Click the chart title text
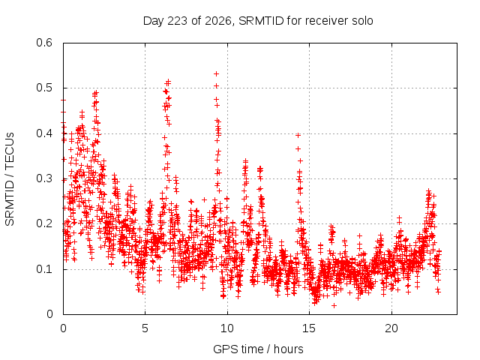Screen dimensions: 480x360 [258, 21]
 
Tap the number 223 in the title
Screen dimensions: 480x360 [178, 21]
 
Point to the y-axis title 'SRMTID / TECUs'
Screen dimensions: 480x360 [10, 179]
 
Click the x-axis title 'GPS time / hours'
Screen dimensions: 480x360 [258, 349]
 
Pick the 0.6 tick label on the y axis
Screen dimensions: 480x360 [44, 43]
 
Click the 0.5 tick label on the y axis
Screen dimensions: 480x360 [44, 88]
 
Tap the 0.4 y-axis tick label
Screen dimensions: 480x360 [44, 133]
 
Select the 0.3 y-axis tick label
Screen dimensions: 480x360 [44, 178]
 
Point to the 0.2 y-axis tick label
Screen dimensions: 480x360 [44, 223]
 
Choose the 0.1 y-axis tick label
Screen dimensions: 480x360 [44, 269]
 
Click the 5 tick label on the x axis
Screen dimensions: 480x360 [145, 328]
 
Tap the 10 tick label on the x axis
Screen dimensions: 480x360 [227, 328]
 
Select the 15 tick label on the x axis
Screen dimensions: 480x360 [309, 328]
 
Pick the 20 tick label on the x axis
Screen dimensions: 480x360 [391, 328]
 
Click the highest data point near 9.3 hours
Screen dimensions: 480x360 [216, 73]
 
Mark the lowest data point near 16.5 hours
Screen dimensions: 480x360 [334, 305]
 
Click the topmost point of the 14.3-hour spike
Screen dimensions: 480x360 [298, 135]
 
